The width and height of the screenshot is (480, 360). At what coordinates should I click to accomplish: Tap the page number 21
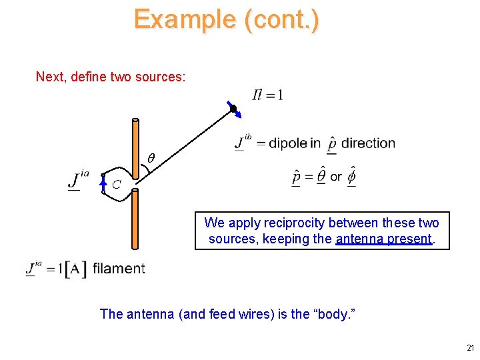coord(471,348)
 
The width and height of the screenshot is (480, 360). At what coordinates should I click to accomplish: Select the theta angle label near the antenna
coord(151,159)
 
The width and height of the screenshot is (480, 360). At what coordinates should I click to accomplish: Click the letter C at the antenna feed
coord(117,184)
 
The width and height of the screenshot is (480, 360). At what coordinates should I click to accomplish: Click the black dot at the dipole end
coord(233,109)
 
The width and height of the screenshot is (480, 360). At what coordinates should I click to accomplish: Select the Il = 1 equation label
coord(268,95)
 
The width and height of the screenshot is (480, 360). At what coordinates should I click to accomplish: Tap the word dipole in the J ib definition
coord(287,143)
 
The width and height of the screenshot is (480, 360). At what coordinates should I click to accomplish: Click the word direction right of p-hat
coord(368,143)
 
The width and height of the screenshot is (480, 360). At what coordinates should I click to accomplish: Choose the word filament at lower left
coord(119,269)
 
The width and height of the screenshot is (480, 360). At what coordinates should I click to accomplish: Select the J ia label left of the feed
coord(79,179)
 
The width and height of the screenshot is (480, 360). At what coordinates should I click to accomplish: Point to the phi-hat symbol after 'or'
coord(351,177)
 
